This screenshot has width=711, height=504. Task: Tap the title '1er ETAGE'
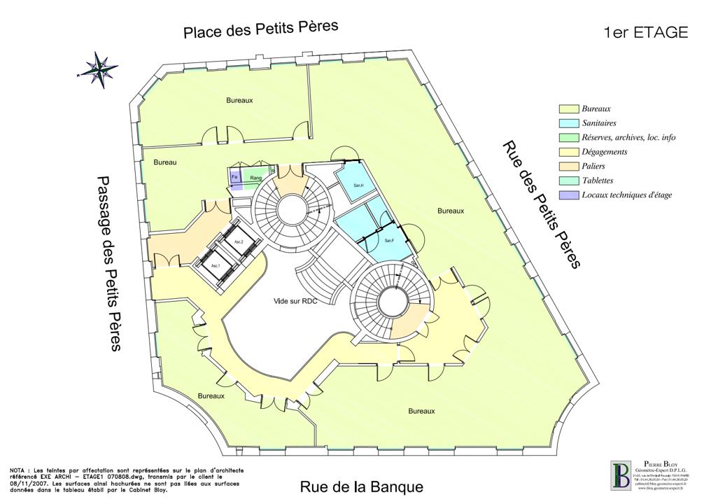(645, 32)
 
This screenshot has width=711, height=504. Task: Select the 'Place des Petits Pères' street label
(260, 29)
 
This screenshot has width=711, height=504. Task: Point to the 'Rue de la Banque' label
(362, 486)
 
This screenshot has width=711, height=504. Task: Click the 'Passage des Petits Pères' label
(109, 262)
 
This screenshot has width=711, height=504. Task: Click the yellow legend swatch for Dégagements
(568, 152)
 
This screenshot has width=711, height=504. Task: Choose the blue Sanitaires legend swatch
(568, 123)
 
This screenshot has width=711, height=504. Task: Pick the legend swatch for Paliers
(568, 166)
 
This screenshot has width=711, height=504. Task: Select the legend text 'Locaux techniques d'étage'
(627, 195)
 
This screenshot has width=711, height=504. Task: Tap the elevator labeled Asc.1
(216, 267)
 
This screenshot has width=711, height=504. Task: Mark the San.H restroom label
(358, 185)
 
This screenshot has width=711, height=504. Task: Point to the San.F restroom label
(390, 241)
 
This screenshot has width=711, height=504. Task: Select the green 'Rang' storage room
(256, 178)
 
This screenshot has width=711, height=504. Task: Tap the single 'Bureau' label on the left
(165, 162)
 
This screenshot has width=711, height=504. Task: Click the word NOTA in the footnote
(19, 468)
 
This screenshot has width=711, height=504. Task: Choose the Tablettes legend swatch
(568, 181)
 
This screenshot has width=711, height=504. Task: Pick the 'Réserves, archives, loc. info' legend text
(628, 137)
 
